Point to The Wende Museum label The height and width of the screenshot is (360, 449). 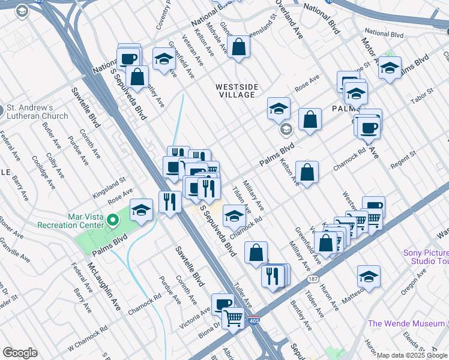coord(406,324)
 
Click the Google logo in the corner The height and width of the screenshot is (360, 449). coord(20,353)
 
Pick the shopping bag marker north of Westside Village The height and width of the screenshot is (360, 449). coord(238,47)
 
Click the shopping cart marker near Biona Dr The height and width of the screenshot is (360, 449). coord(233,317)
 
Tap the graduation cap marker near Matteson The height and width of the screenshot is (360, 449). coord(369,277)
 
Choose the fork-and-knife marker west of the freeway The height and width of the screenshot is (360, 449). coord(170,202)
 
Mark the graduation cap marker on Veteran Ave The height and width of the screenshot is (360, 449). coord(163,59)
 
